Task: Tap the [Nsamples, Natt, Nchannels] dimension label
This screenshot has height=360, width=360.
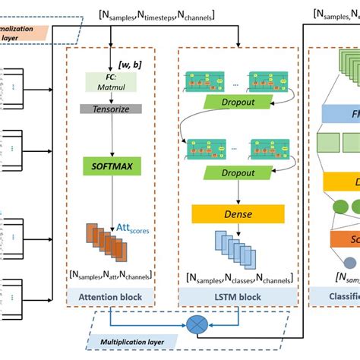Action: coord(109,274)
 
